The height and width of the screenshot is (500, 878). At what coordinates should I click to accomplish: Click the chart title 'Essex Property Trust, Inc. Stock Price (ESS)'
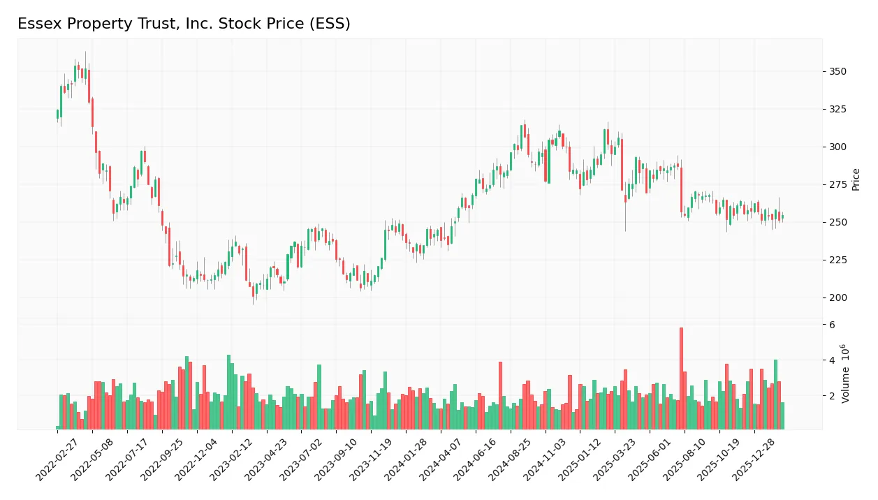(184, 24)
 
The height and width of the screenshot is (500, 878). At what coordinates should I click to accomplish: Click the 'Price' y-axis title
(856, 179)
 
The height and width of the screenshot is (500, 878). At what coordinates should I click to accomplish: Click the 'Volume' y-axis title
(846, 374)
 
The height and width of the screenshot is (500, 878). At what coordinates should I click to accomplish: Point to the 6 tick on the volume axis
(832, 325)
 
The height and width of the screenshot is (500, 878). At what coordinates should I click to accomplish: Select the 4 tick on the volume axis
(832, 360)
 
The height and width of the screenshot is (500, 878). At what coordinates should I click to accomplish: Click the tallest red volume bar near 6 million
(681, 378)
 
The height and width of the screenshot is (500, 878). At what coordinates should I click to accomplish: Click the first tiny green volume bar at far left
(58, 427)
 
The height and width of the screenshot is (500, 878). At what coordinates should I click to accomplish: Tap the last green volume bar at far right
(782, 416)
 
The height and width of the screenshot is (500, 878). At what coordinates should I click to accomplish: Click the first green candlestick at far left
(57, 114)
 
